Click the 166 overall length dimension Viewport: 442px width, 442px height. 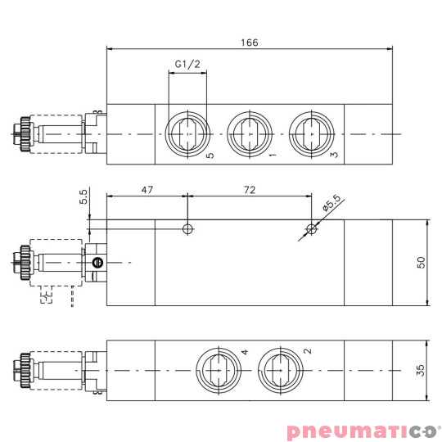point(250,43)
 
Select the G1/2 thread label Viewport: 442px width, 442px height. point(187,64)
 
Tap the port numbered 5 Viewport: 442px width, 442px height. point(187,133)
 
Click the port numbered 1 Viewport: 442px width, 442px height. point(248,133)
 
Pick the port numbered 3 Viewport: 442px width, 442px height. point(309,133)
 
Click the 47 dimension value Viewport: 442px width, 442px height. point(147,189)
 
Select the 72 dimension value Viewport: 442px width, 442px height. point(250,189)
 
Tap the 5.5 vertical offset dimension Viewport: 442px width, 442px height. point(83,198)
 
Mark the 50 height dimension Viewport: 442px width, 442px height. point(421,263)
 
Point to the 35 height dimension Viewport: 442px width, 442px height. point(421,370)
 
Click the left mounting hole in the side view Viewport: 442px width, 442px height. point(188,228)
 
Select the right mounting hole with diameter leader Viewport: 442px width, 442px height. point(310,228)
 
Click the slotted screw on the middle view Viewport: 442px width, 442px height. point(98,263)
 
